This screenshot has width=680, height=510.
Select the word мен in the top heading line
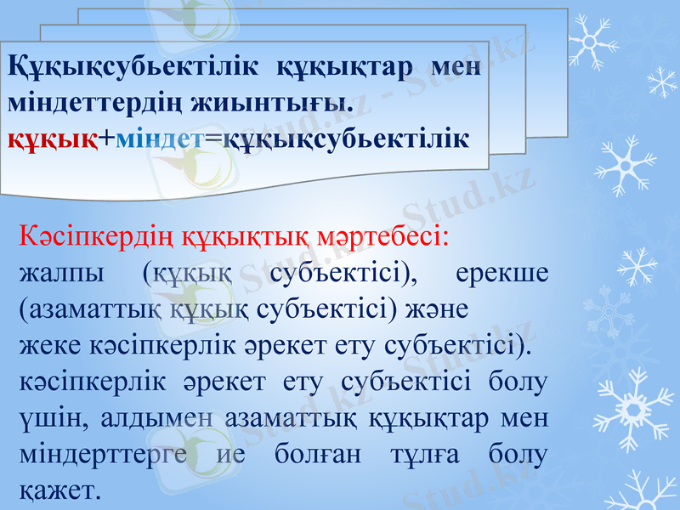456,67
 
